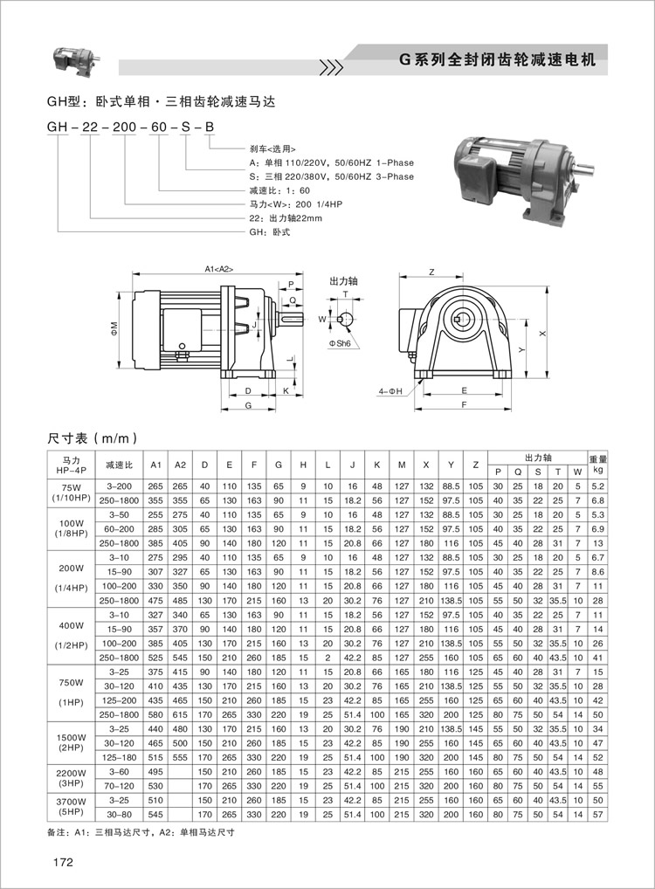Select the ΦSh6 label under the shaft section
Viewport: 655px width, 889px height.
pos(340,345)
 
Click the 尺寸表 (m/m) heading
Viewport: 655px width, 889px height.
pos(91,438)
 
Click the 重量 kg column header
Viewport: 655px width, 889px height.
pos(597,463)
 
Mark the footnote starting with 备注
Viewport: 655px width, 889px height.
pos(141,832)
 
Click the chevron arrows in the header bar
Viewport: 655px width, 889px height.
pos(330,65)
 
